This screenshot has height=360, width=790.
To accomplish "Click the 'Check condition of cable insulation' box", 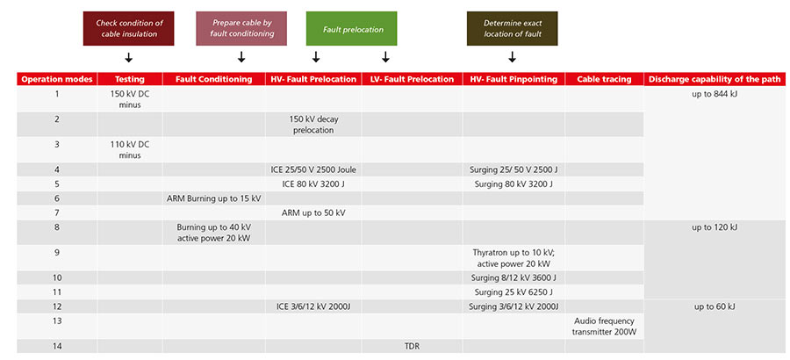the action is (x=128, y=29).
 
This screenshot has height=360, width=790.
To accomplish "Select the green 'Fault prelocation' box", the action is (x=351, y=29).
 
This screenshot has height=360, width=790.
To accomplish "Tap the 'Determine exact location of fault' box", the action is (x=512, y=29).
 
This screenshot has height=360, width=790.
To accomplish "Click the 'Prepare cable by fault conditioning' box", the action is (x=241, y=29).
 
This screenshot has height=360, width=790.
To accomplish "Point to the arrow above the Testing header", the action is (x=128, y=58).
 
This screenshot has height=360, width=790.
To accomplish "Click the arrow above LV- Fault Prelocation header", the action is (x=385, y=57).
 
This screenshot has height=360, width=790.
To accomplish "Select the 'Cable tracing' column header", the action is (x=604, y=79).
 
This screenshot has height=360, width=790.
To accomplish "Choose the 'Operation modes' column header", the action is (x=57, y=79).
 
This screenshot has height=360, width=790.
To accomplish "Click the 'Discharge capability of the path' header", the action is (x=715, y=79).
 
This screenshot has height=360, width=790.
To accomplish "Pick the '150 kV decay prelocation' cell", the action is (x=313, y=124).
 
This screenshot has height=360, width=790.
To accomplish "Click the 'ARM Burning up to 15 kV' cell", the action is (x=213, y=198).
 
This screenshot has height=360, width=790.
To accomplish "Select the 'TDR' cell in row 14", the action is (x=412, y=346).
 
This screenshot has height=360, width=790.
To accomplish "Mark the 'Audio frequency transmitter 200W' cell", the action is (x=604, y=327).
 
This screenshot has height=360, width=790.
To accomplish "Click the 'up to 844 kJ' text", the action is (x=715, y=93).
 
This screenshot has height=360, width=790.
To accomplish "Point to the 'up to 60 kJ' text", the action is (x=715, y=307).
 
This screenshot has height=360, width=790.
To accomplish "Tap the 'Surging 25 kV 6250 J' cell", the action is (x=513, y=292).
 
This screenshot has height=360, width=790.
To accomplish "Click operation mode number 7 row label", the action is (x=57, y=212).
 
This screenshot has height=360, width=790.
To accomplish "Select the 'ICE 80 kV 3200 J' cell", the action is (x=313, y=184).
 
